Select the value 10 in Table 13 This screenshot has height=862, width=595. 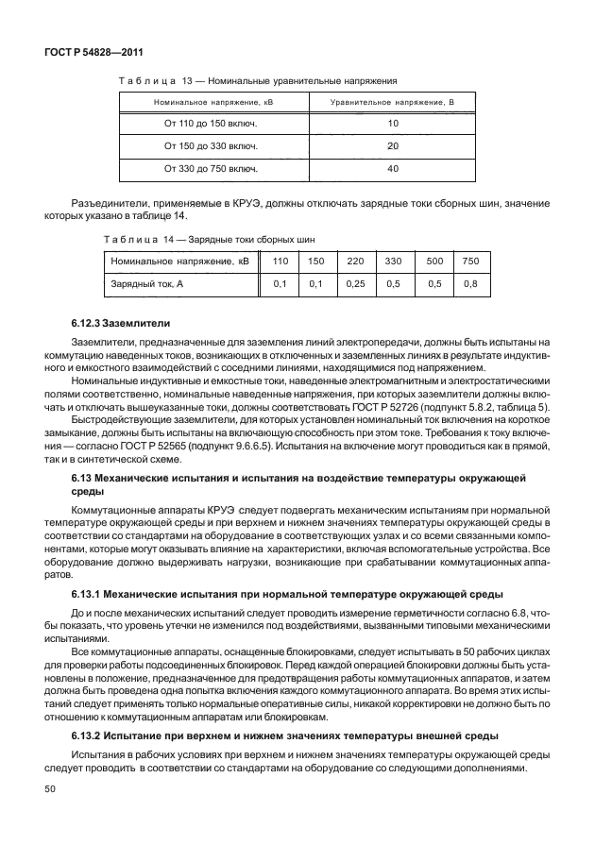pos(392,124)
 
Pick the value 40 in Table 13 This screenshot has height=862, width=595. pos(392,169)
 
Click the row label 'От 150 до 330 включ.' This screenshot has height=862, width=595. pos(211,146)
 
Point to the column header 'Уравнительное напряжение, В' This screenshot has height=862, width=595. pos(392,101)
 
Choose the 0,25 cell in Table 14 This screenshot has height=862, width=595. pos(355,283)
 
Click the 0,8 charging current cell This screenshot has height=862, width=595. pos(470,283)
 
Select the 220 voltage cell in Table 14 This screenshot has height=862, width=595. pos(355,260)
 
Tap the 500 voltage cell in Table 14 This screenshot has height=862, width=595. pos(433,260)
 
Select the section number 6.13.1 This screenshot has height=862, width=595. pos(90,594)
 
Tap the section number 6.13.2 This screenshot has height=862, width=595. pos(90,735)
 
